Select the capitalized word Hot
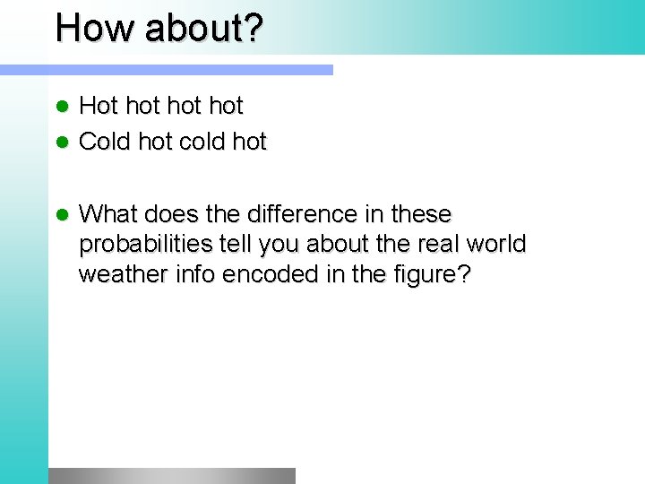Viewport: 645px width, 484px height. [x=98, y=106]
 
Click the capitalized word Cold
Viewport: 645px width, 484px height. [x=106, y=142]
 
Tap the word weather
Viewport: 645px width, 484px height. [x=119, y=274]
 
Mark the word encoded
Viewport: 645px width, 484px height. [x=261, y=274]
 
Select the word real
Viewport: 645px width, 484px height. [x=438, y=245]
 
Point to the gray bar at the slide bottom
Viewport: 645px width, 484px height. [x=171, y=476]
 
